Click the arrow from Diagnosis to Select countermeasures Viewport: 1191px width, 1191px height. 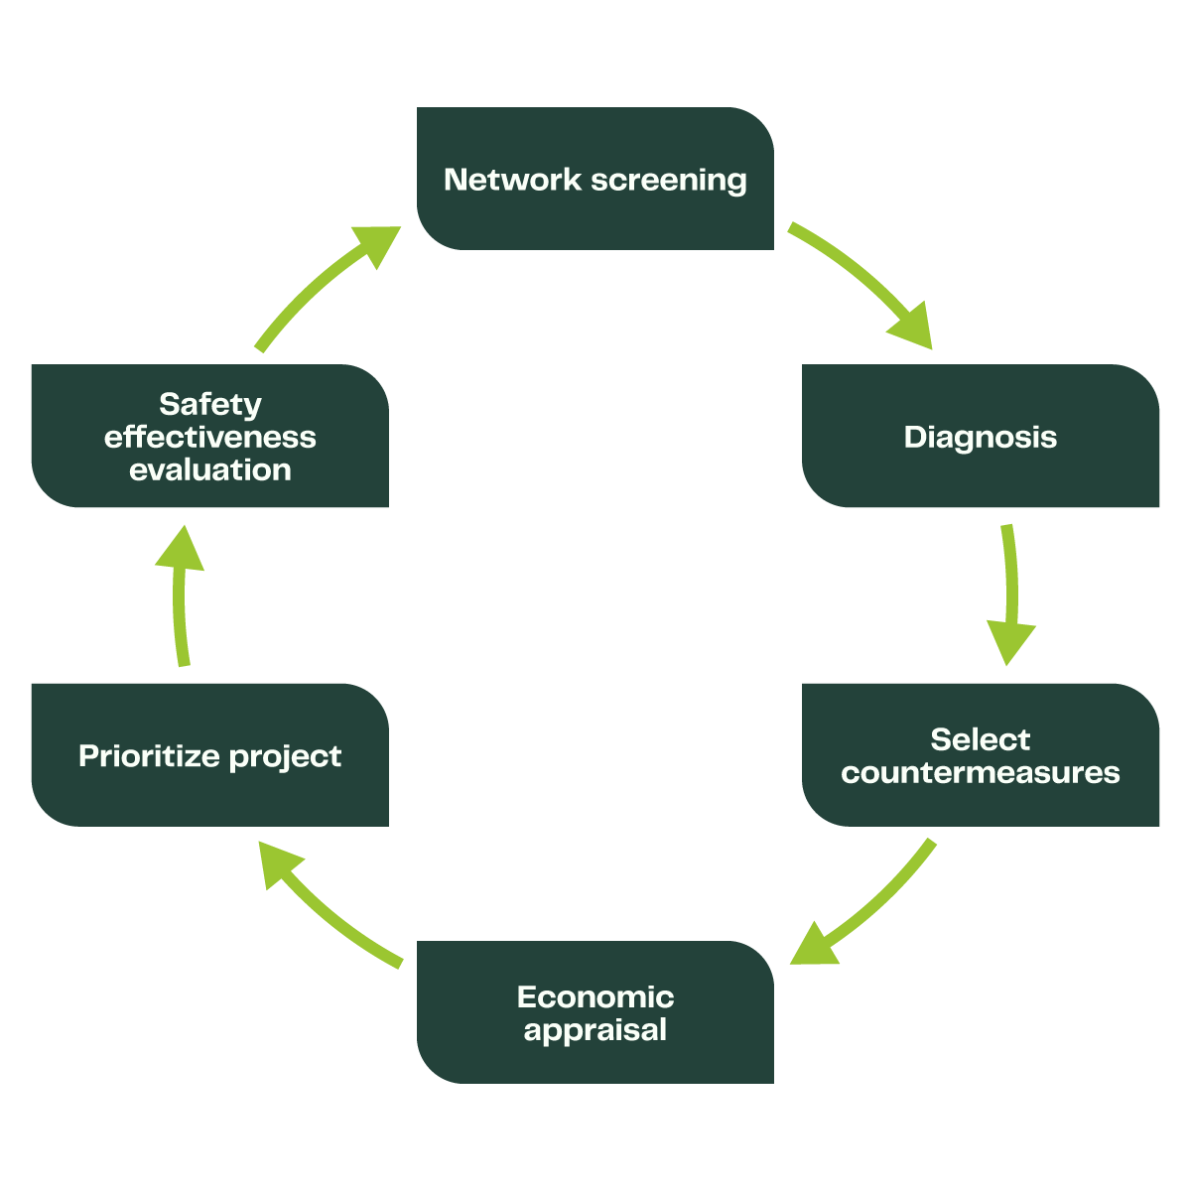(1010, 595)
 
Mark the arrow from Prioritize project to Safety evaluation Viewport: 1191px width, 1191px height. (181, 595)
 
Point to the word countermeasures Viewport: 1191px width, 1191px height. (981, 773)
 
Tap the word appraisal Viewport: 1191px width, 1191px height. (595, 1030)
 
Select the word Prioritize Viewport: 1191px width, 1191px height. (150, 756)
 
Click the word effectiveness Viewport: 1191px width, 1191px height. (210, 438)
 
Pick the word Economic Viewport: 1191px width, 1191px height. (595, 997)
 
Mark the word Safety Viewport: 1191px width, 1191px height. (210, 405)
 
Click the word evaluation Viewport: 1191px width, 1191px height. (210, 470)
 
